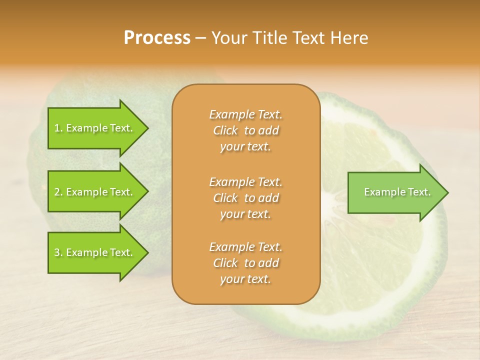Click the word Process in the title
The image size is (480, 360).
tap(157, 38)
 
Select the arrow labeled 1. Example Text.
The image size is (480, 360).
tap(95, 128)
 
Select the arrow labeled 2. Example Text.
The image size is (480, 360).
tap(95, 192)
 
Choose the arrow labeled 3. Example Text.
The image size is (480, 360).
tap(95, 252)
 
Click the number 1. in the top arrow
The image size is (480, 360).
tap(58, 128)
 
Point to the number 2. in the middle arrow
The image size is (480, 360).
tap(58, 192)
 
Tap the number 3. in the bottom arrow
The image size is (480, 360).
tap(58, 252)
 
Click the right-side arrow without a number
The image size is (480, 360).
tap(395, 192)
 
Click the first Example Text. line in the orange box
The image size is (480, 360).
tap(245, 114)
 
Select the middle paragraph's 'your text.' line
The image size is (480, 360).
tap(245, 214)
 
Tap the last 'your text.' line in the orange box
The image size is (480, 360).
tap(245, 279)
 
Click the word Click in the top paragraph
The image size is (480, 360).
tap(225, 130)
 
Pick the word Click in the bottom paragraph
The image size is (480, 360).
tap(225, 263)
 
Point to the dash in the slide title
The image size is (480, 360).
tap(201, 38)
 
